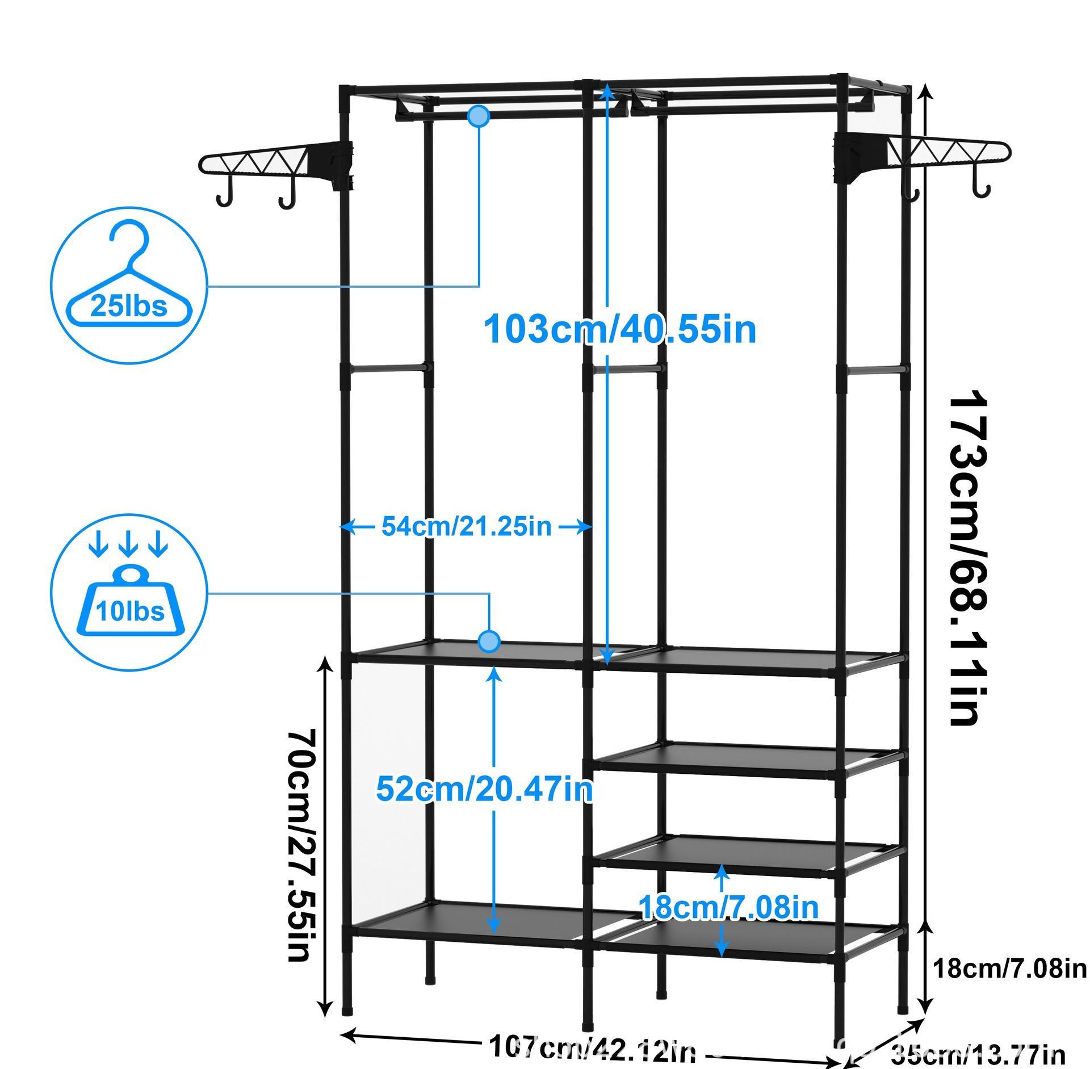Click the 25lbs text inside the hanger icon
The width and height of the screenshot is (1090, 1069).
(x=129, y=307)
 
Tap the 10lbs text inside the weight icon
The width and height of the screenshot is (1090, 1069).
(x=130, y=611)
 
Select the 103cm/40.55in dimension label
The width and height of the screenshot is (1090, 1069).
(x=619, y=329)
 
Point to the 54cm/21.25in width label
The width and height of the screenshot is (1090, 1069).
(x=466, y=526)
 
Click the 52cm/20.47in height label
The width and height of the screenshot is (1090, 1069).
(x=484, y=789)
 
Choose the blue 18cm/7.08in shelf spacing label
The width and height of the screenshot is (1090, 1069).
(x=729, y=907)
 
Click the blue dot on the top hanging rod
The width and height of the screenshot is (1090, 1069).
(x=479, y=116)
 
